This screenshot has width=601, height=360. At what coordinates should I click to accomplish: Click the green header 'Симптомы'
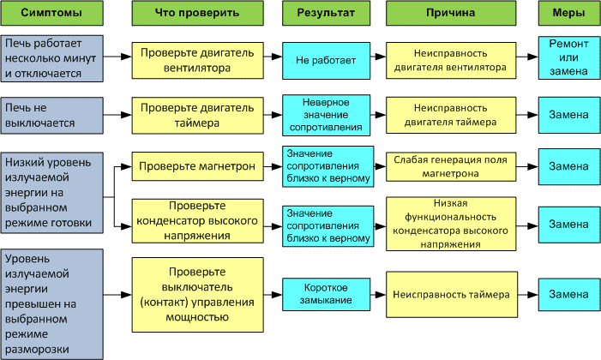51,13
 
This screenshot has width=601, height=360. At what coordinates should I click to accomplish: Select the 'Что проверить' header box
197,13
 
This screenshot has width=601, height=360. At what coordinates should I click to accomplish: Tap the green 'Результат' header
326,13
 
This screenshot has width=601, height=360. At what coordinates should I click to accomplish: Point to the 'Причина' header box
451,13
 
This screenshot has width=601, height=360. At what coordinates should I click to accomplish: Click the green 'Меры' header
569,13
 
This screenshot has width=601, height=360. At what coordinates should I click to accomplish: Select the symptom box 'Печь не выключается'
51,116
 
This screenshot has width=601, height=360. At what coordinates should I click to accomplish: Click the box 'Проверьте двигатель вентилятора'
197,60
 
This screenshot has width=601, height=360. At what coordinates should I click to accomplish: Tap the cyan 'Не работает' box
326,61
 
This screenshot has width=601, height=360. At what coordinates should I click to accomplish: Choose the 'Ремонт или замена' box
569,58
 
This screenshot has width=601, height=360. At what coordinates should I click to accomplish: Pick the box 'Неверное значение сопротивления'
326,115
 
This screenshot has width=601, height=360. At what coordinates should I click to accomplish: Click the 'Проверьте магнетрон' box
197,166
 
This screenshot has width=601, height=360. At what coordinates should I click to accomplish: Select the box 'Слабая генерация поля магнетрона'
451,167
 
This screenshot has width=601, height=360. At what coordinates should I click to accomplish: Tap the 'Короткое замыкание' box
326,294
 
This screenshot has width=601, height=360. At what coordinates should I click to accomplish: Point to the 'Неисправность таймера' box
452,295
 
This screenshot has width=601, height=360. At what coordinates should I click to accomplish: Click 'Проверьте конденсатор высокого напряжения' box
197,221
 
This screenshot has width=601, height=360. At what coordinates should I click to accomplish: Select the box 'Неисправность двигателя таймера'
451,115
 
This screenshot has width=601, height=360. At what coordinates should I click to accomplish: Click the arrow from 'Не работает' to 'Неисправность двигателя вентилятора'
378,57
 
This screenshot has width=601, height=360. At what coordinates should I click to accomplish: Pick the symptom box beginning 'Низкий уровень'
51,193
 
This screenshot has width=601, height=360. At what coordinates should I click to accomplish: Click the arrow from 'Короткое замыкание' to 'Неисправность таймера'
378,295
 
